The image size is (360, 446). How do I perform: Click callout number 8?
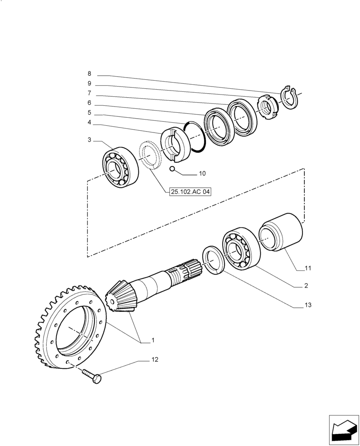[x=89, y=74]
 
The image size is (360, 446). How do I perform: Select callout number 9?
[x=89, y=83]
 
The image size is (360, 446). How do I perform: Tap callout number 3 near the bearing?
[x=89, y=140]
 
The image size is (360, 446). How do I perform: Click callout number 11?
[x=308, y=268]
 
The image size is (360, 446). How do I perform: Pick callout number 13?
[x=308, y=306]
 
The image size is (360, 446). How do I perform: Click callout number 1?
[x=153, y=340]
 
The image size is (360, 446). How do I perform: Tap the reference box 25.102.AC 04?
[x=190, y=192]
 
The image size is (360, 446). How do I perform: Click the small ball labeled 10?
[x=172, y=169]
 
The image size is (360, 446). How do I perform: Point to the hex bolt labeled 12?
[x=93, y=378]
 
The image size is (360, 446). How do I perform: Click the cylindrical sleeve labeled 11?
[x=281, y=232]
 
